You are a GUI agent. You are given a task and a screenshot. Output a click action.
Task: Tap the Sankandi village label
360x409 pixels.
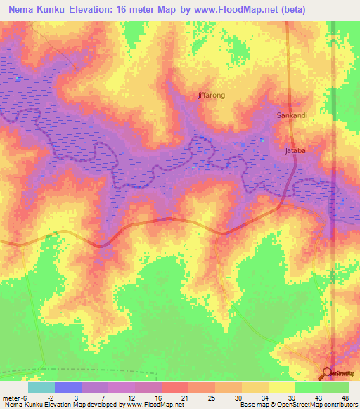point(292,115)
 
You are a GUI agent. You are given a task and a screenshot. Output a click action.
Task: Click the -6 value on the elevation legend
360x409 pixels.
point(25,397)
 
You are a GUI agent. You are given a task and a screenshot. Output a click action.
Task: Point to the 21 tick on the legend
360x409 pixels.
point(184,397)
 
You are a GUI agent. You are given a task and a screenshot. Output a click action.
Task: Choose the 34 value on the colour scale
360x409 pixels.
point(264,397)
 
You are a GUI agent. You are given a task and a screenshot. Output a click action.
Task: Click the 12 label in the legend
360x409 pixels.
point(131,397)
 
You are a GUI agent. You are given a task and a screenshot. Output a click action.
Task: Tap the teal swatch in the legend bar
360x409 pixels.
point(41,387)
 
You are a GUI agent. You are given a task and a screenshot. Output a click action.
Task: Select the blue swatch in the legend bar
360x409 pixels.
point(68,387)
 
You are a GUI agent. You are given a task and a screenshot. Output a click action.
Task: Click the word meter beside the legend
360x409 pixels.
point(11,397)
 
